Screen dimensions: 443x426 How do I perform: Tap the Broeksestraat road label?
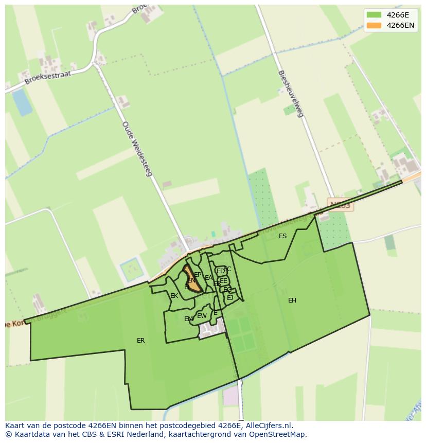[x=47, y=77]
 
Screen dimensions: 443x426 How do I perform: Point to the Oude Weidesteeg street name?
[x=137, y=149]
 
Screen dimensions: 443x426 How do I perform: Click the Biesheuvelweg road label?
[x=291, y=94]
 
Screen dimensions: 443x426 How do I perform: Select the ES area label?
[x=282, y=236]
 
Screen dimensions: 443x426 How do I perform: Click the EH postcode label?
[x=292, y=300]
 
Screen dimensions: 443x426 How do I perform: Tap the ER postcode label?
[x=140, y=341]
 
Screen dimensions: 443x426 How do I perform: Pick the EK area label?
[x=174, y=296]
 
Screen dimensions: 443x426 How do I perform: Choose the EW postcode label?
[x=202, y=316]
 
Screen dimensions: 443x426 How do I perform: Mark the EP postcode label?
[x=198, y=275]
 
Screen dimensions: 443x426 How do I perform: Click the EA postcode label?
[x=208, y=278]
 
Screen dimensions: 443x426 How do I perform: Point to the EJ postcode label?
[x=230, y=298]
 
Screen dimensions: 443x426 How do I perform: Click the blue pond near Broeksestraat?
[x=22, y=101]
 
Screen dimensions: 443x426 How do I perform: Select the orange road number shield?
[x=340, y=205]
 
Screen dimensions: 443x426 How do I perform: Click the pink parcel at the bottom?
[x=231, y=395]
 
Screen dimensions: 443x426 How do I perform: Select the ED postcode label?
[x=220, y=271]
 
